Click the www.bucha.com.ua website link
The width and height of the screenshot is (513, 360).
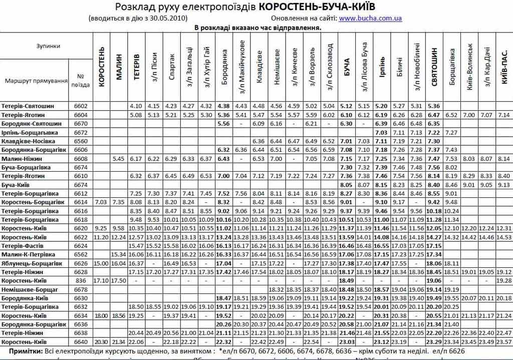(x=370, y=19)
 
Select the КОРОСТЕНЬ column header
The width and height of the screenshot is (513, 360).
(x=102, y=67)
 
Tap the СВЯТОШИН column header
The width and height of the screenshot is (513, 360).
(x=434, y=67)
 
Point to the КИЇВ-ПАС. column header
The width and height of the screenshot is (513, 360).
(x=504, y=67)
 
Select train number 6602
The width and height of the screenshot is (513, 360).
(x=81, y=106)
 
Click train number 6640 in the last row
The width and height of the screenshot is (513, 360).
(x=81, y=341)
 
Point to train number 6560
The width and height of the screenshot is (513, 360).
(x=81, y=141)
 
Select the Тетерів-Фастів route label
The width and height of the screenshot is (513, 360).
(x=27, y=246)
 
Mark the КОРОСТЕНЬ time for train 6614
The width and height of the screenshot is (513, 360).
(x=101, y=202)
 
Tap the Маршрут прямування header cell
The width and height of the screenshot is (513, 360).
(x=36, y=81)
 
